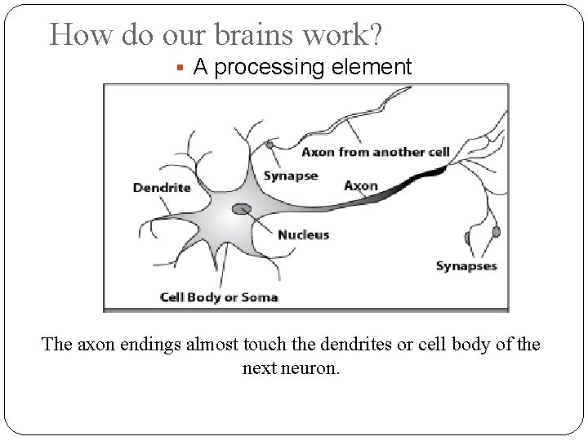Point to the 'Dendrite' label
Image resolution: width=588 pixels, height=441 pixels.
(162, 187)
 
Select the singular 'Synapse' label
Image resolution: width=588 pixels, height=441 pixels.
(291, 176)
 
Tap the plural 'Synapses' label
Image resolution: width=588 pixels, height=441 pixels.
(465, 265)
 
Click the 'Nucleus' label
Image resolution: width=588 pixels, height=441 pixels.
(304, 234)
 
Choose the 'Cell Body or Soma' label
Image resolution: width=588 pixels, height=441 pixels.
(219, 296)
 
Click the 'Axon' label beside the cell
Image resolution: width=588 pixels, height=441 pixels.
(361, 185)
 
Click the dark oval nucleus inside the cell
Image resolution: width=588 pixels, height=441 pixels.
(242, 209)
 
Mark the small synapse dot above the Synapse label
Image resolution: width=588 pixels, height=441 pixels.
(269, 145)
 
